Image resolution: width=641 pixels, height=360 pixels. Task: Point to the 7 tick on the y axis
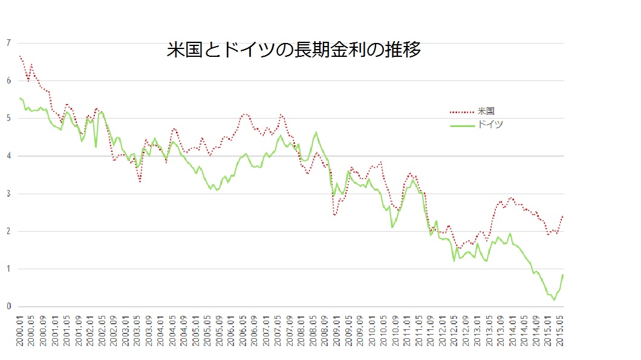(8, 43)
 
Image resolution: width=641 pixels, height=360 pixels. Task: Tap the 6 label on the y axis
(8, 80)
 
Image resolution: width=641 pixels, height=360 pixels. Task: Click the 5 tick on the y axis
(8, 118)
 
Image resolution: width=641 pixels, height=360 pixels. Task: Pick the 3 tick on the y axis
(8, 194)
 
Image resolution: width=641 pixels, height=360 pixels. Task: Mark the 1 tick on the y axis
(8, 269)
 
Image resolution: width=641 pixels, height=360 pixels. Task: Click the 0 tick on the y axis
(8, 306)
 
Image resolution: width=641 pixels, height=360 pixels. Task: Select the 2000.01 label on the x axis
(20, 330)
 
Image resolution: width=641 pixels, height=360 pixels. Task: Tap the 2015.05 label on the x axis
(563, 330)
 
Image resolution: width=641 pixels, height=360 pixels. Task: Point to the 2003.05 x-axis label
(138, 330)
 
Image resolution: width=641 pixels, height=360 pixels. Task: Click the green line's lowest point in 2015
(554, 299)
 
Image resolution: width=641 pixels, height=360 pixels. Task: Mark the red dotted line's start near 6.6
(20, 56)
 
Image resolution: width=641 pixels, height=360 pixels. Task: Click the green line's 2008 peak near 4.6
(316, 132)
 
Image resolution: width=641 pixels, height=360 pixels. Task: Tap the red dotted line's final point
(563, 215)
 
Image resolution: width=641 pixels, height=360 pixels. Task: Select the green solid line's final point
(563, 275)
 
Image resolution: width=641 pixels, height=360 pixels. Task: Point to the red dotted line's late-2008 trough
(335, 215)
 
